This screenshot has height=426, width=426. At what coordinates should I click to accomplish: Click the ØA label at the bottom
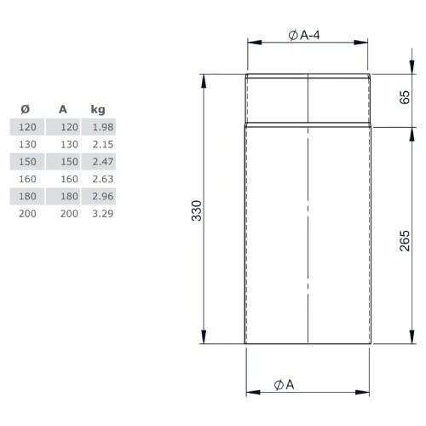(285, 384)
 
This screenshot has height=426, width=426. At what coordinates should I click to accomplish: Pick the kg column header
(98, 109)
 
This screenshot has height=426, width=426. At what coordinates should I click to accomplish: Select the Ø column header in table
(25, 109)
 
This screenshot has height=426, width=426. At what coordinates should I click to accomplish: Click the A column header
(63, 109)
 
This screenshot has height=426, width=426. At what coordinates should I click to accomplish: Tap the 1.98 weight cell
(101, 127)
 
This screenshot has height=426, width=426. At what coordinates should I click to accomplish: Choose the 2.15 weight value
(101, 144)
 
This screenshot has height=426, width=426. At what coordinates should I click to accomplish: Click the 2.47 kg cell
(101, 161)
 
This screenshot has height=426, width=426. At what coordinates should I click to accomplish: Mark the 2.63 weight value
(101, 178)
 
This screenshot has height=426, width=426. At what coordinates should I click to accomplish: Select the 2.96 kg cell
(101, 195)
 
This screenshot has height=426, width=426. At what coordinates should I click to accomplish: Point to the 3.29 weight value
(101, 212)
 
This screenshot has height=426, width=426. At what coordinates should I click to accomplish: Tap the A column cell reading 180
(68, 195)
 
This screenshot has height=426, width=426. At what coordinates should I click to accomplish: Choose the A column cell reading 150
(68, 161)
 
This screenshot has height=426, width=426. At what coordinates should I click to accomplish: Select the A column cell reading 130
(68, 144)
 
